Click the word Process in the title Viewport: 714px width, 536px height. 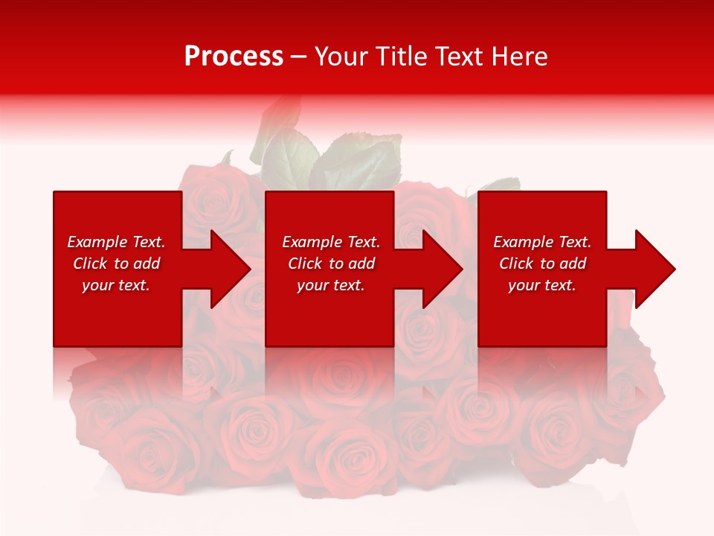point(234,57)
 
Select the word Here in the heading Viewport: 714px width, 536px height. point(520,57)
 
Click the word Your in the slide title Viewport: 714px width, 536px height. point(342,57)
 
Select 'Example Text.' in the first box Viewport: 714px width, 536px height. point(116,242)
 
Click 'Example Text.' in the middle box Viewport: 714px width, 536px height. point(331,242)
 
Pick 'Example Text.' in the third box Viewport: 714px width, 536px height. point(542,242)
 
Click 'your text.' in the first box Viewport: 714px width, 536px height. point(116,285)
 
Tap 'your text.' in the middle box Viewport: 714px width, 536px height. point(331,285)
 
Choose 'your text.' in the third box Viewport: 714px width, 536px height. point(542,285)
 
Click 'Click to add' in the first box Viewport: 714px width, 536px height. point(116,264)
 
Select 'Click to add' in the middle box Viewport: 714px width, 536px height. point(331,264)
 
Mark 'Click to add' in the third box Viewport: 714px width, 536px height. point(542,264)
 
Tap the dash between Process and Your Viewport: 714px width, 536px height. point(298,57)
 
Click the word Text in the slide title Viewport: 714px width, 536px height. point(459,57)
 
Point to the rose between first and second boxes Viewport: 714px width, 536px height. point(223,201)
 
